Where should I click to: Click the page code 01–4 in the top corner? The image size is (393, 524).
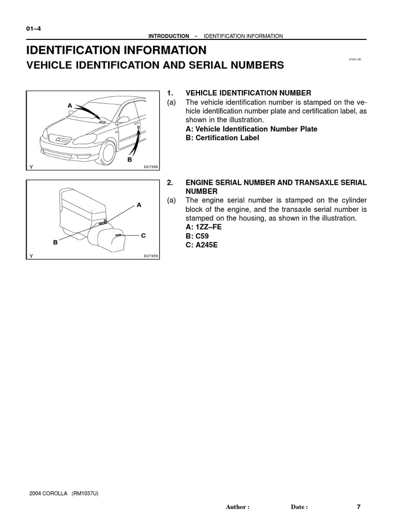33,29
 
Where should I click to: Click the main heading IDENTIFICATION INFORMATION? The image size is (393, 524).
117,50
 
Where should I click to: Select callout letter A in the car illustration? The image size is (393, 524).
70,105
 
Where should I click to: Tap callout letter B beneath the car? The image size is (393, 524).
130,160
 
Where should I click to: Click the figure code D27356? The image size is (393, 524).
151,167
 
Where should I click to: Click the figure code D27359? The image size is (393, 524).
151,256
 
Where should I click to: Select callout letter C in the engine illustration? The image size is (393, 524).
143,235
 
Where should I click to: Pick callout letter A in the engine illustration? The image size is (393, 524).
139,205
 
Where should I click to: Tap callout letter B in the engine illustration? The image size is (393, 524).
55,243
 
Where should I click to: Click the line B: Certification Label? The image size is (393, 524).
222,138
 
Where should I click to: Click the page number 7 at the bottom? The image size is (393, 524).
359,507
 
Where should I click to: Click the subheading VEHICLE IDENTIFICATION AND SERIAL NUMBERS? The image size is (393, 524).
155,65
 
